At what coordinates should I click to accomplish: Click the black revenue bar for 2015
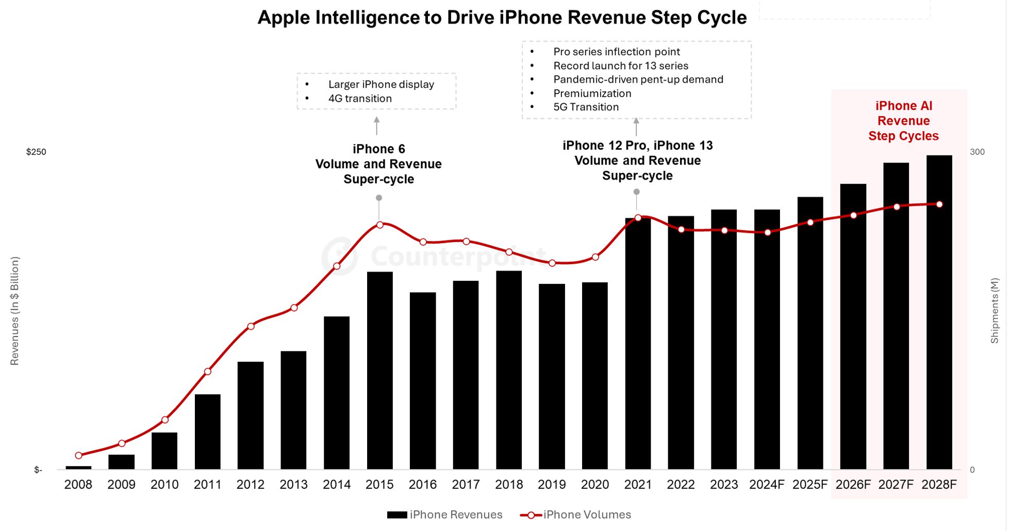pyautogui.click(x=379, y=370)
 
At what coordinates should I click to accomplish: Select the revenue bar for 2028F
pyautogui.click(x=939, y=312)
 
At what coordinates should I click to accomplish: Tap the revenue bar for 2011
pyautogui.click(x=207, y=431)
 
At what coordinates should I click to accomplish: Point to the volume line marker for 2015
pyautogui.click(x=379, y=225)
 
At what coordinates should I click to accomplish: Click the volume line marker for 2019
pyautogui.click(x=552, y=263)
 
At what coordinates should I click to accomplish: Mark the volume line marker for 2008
pyautogui.click(x=78, y=456)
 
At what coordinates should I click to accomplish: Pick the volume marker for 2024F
pyautogui.click(x=768, y=233)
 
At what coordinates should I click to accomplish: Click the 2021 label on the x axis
pyautogui.click(x=638, y=485)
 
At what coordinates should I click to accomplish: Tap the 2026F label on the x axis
pyautogui.click(x=853, y=485)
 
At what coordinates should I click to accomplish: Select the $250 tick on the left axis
pyautogui.click(x=36, y=152)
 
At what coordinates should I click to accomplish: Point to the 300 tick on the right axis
pyautogui.click(x=977, y=152)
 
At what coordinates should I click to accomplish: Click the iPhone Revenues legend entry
pyautogui.click(x=444, y=514)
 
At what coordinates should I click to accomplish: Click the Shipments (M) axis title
pyautogui.click(x=995, y=311)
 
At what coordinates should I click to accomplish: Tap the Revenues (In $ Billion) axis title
pyautogui.click(x=14, y=311)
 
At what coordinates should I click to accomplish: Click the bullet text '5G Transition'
pyautogui.click(x=586, y=107)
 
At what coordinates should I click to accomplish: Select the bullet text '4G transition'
pyautogui.click(x=360, y=99)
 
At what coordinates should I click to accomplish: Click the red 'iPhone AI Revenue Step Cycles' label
pyautogui.click(x=903, y=121)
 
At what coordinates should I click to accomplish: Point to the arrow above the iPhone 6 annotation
pyautogui.click(x=377, y=125)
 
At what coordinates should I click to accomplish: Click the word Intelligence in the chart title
pyautogui.click(x=368, y=18)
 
